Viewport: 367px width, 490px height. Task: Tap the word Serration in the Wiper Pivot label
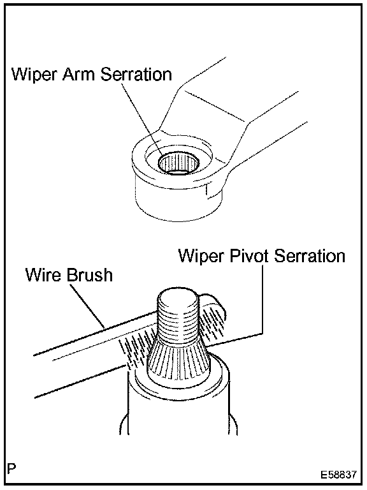(x=309, y=256)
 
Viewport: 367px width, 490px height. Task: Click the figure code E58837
(x=338, y=475)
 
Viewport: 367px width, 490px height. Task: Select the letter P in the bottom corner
(x=11, y=469)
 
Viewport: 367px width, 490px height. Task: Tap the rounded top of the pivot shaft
(x=178, y=296)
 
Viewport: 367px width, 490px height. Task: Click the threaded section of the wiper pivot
(x=178, y=322)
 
